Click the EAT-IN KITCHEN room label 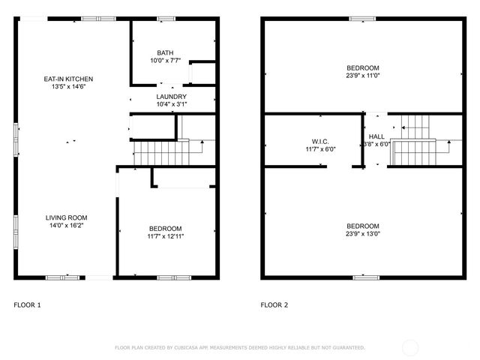[68, 79]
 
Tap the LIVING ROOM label [68, 217]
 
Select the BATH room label [165, 52]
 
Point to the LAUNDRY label [172, 97]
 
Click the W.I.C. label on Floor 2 [320, 141]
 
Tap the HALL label [376, 136]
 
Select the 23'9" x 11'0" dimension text [362, 75]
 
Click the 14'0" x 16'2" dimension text [68, 224]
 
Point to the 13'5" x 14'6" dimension [68, 86]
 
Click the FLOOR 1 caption [28, 305]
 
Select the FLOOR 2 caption [274, 305]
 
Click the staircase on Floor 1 [162, 154]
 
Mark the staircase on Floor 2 [413, 150]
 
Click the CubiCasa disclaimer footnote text [239, 348]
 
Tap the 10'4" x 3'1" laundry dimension [172, 104]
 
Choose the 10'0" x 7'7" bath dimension [165, 60]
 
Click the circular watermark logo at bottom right [411, 347]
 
